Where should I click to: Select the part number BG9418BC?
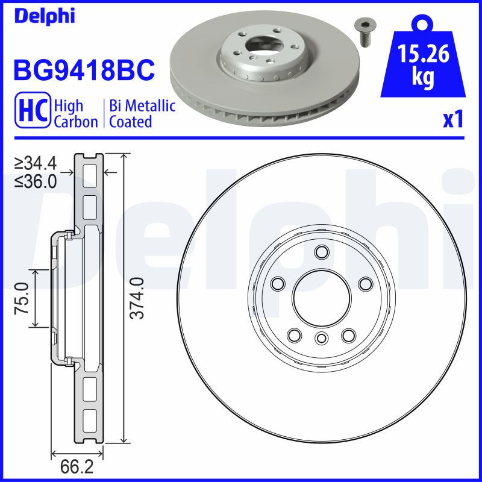(84, 70)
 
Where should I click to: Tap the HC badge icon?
(34, 113)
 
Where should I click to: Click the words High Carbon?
(75, 113)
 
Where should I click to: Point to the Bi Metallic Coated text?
(142, 113)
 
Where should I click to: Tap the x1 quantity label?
(452, 119)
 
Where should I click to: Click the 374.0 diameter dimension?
(137, 298)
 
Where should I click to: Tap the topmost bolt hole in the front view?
(321, 252)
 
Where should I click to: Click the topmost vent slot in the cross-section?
(89, 172)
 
